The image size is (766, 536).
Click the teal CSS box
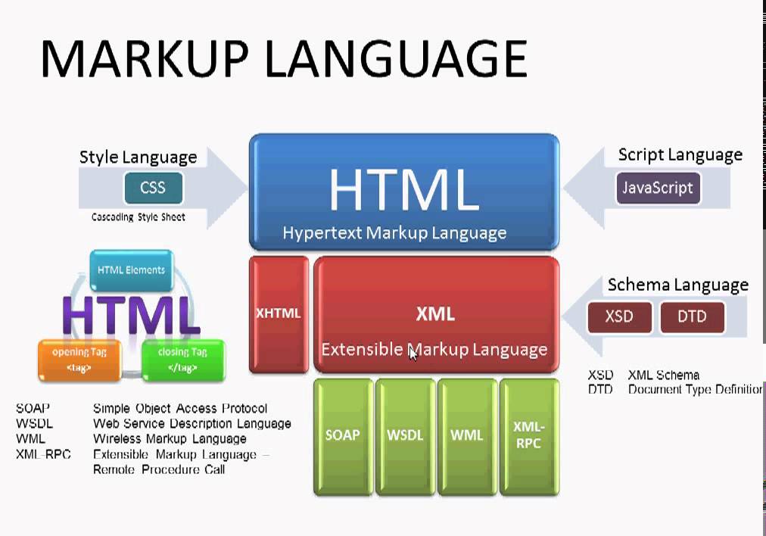pos(152,188)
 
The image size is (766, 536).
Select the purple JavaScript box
pos(658,188)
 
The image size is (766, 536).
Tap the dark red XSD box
pos(619,316)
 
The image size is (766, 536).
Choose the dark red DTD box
pos(692,316)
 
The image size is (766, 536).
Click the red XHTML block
pos(279,314)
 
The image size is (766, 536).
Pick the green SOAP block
pos(342,435)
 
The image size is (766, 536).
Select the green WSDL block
pos(405,435)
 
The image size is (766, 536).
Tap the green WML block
pos(466,435)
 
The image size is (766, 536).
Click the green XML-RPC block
pos(528,435)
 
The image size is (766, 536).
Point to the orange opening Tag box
pos(79,360)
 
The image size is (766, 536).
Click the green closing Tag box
pos(182,360)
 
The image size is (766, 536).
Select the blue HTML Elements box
pos(131,270)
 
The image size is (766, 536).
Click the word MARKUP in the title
pos(142,59)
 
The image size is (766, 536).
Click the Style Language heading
pos(138,157)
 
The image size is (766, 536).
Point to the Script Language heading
pos(680,154)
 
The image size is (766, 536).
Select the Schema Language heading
pos(677,285)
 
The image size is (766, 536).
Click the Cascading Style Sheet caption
pos(138,217)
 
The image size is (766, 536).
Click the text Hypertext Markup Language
pos(394,232)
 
